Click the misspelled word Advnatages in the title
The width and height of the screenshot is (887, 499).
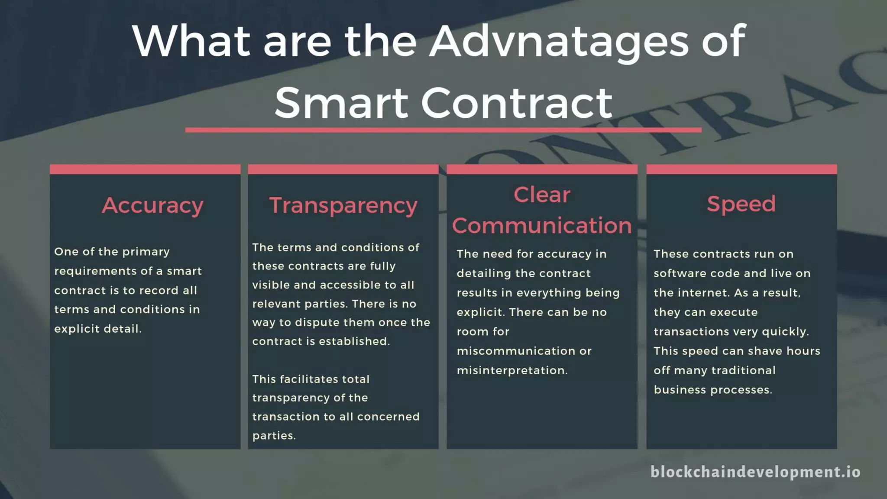tap(558, 42)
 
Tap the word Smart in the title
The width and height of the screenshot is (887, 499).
tap(341, 104)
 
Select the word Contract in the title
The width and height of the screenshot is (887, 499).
tap(516, 104)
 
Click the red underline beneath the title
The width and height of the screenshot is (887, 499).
tap(443, 130)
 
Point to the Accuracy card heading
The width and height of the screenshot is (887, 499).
tap(152, 205)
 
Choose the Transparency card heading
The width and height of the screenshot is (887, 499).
tap(343, 205)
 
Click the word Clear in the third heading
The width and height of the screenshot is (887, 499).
tap(542, 195)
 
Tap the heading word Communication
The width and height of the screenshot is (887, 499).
tap(542, 226)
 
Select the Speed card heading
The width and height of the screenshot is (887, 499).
tap(741, 204)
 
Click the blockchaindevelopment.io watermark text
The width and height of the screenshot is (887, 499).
tap(755, 472)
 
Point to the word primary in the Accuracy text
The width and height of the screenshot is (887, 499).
tap(146, 252)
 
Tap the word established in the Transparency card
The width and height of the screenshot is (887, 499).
tap(354, 341)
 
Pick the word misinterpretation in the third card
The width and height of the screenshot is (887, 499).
tap(511, 370)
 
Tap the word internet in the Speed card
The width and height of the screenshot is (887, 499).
tap(703, 293)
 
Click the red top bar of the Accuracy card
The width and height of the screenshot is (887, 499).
tap(145, 169)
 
